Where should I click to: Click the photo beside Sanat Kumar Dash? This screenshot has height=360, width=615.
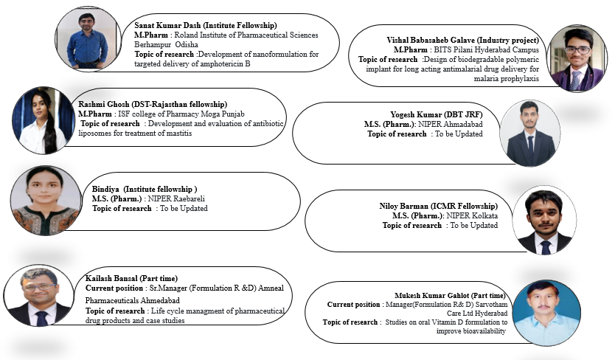87,38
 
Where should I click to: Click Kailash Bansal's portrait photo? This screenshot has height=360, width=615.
37,296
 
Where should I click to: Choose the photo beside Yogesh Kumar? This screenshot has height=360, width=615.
529,133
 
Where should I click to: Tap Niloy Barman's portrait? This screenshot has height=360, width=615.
544,220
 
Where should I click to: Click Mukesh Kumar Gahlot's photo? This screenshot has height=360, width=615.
543,312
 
